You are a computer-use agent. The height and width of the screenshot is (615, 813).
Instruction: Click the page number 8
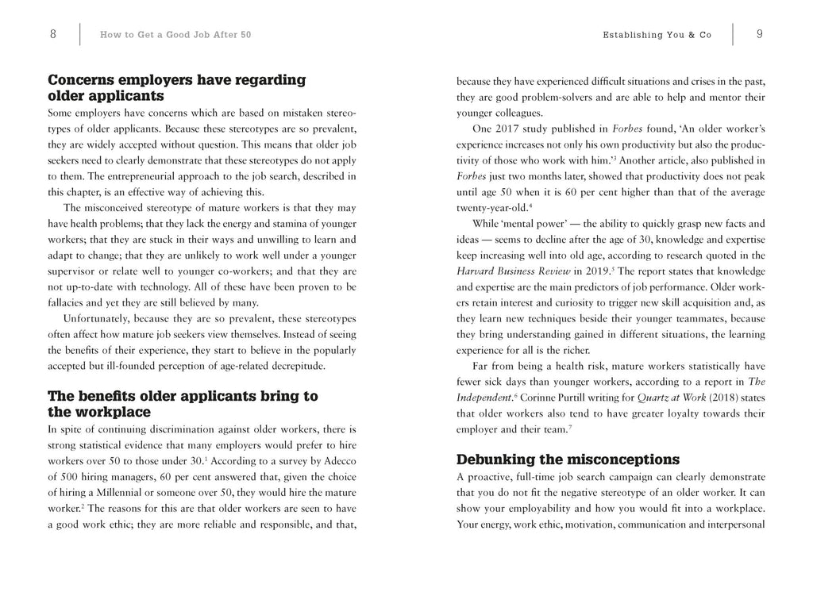(x=52, y=34)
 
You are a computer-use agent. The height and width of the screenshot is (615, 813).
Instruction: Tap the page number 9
(x=760, y=34)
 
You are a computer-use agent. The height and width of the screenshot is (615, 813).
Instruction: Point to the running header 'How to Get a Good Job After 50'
(x=175, y=35)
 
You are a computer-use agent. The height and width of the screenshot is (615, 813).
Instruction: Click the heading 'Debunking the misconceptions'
(x=568, y=459)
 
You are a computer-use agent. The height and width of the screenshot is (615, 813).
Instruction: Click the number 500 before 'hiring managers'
(x=71, y=478)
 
